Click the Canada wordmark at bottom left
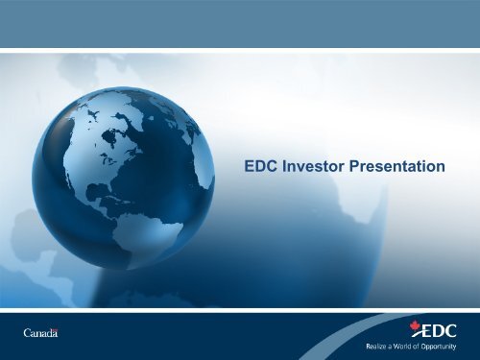click(x=40, y=333)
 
